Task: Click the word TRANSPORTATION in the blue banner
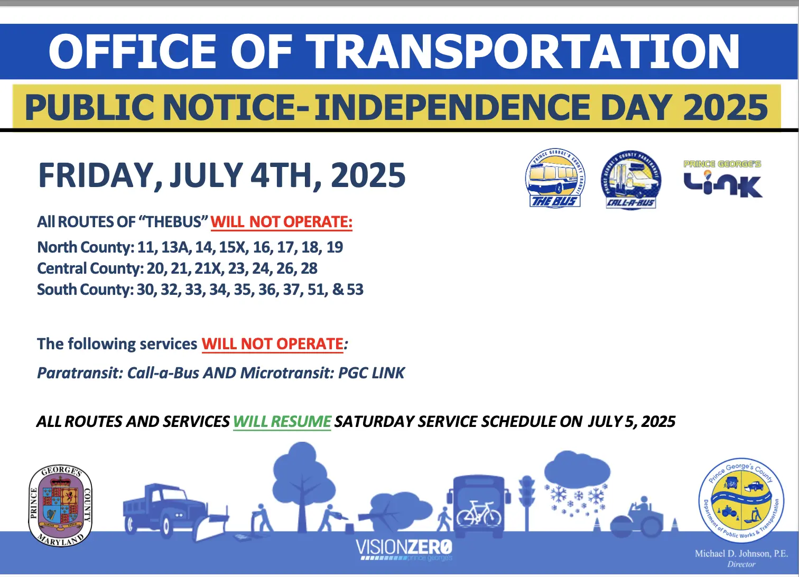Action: [522, 51]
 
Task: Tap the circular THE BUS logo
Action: [555, 178]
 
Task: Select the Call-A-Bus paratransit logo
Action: [630, 180]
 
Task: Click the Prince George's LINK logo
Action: [723, 179]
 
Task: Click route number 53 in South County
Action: [355, 289]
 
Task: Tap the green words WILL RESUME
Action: [282, 422]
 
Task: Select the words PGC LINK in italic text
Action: [371, 373]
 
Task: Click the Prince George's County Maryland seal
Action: [60, 506]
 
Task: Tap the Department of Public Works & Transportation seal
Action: [741, 500]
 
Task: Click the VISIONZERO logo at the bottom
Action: [404, 550]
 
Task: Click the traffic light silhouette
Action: [526, 503]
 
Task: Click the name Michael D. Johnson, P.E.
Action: [741, 554]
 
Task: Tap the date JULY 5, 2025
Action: [631, 422]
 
